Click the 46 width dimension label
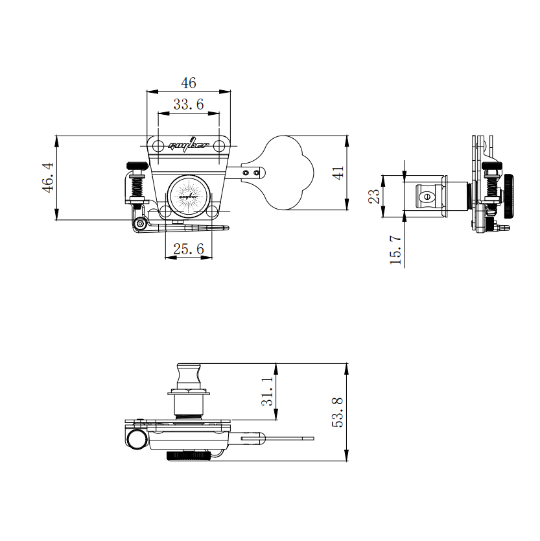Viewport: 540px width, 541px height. [188, 83]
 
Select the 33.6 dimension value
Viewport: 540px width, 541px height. [188, 104]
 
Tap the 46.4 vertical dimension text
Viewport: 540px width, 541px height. [48, 177]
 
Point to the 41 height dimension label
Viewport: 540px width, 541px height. [338, 173]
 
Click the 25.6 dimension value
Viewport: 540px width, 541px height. [189, 248]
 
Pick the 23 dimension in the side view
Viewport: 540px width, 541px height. [374, 196]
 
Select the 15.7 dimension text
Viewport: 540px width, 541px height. [395, 250]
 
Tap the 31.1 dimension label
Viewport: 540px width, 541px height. [267, 392]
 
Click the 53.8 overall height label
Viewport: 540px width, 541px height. [337, 411]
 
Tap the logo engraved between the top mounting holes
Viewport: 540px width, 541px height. [188, 145]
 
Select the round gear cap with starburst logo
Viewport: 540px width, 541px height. [188, 194]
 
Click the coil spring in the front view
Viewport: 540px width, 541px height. [137, 188]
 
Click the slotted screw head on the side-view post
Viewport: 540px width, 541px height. [427, 197]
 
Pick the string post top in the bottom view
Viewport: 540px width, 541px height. [188, 374]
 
